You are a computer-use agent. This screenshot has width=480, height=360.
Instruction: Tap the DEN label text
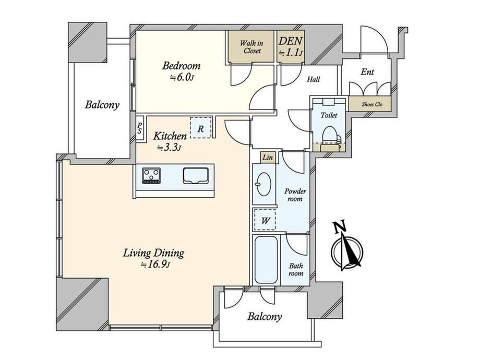pos(291,41)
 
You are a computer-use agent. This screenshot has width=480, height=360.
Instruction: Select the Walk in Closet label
pos(251,47)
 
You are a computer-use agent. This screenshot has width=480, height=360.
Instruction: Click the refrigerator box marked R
pos(200,128)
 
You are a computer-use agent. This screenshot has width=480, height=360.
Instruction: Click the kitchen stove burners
pos(151,176)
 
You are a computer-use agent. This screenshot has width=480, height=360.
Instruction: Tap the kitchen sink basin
pos(196,176)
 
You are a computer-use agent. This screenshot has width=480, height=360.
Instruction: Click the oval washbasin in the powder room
pos(263,184)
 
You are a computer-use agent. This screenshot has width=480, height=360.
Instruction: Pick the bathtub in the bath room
pos(266,260)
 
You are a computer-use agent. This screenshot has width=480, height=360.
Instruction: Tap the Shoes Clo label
pos(372,104)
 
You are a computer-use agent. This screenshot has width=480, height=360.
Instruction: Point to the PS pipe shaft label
pos(140,128)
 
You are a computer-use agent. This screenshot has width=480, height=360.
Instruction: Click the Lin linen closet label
pos(268,158)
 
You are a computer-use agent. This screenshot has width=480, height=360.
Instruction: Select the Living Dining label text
pos(154,254)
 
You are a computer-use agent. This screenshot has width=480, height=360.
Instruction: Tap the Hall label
pos(314,79)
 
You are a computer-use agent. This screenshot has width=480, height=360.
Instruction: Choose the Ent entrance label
pos(367,72)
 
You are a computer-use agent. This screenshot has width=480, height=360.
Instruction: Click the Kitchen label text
pos(170,136)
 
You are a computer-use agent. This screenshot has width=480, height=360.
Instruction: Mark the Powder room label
pos(295,195)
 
